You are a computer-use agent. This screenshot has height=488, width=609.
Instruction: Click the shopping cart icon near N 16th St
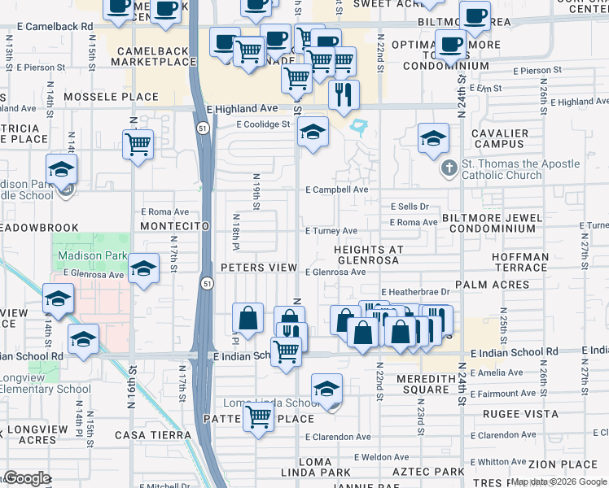point(138,146)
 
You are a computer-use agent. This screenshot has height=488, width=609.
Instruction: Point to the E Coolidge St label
point(263,124)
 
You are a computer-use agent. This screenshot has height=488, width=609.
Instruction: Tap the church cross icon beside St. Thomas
point(448,169)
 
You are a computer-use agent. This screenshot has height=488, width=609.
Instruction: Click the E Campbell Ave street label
point(337,190)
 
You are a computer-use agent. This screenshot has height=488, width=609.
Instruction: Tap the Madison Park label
point(92,255)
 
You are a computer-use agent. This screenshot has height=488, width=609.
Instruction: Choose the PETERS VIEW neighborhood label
point(260,268)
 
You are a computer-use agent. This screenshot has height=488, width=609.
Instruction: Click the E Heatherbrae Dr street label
point(415,292)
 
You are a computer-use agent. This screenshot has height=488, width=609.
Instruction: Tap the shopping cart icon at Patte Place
point(259,417)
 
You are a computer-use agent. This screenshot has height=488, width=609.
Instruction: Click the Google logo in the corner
point(26,478)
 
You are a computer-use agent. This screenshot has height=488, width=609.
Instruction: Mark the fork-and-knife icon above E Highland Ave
point(344,94)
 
